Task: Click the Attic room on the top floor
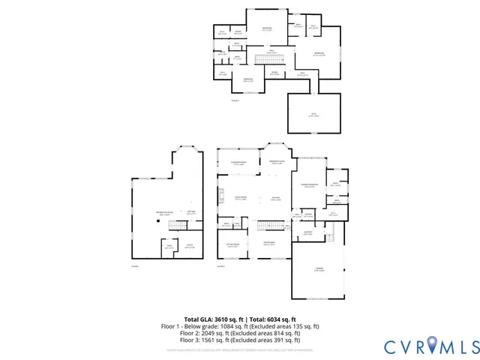click(313, 113)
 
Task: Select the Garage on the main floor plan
click(319, 270)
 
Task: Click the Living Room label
click(240, 199)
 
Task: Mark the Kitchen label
click(275, 199)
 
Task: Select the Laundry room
click(307, 232)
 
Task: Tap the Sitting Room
click(232, 245)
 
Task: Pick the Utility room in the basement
click(190, 246)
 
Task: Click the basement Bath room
click(169, 246)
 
